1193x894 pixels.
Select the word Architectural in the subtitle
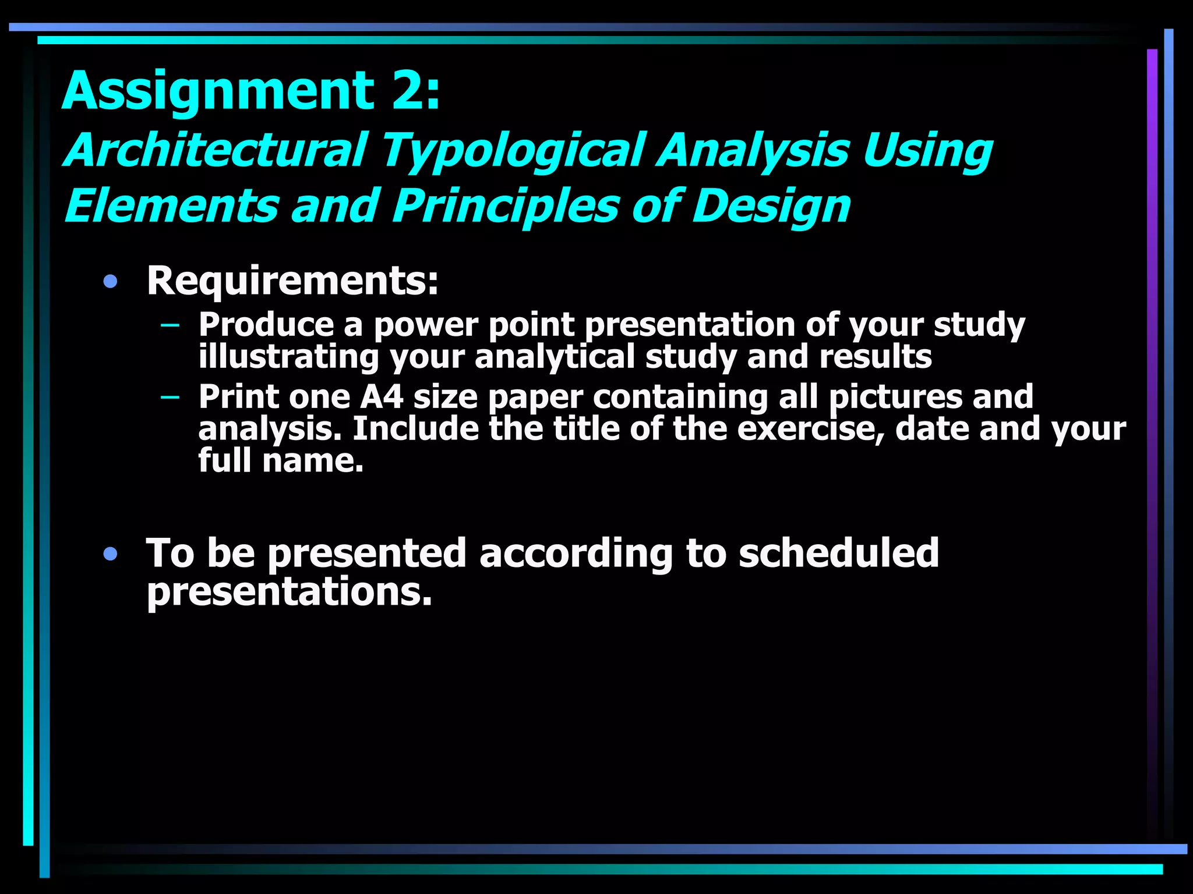[216, 150]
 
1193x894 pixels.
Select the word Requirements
[292, 281]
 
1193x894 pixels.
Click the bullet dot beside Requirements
[110, 282]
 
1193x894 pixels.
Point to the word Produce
[266, 324]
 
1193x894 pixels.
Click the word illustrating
[288, 357]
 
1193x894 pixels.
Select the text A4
[382, 397]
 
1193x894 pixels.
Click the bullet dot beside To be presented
[110, 554]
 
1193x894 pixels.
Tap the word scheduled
[838, 553]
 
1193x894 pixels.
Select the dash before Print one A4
[170, 397]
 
